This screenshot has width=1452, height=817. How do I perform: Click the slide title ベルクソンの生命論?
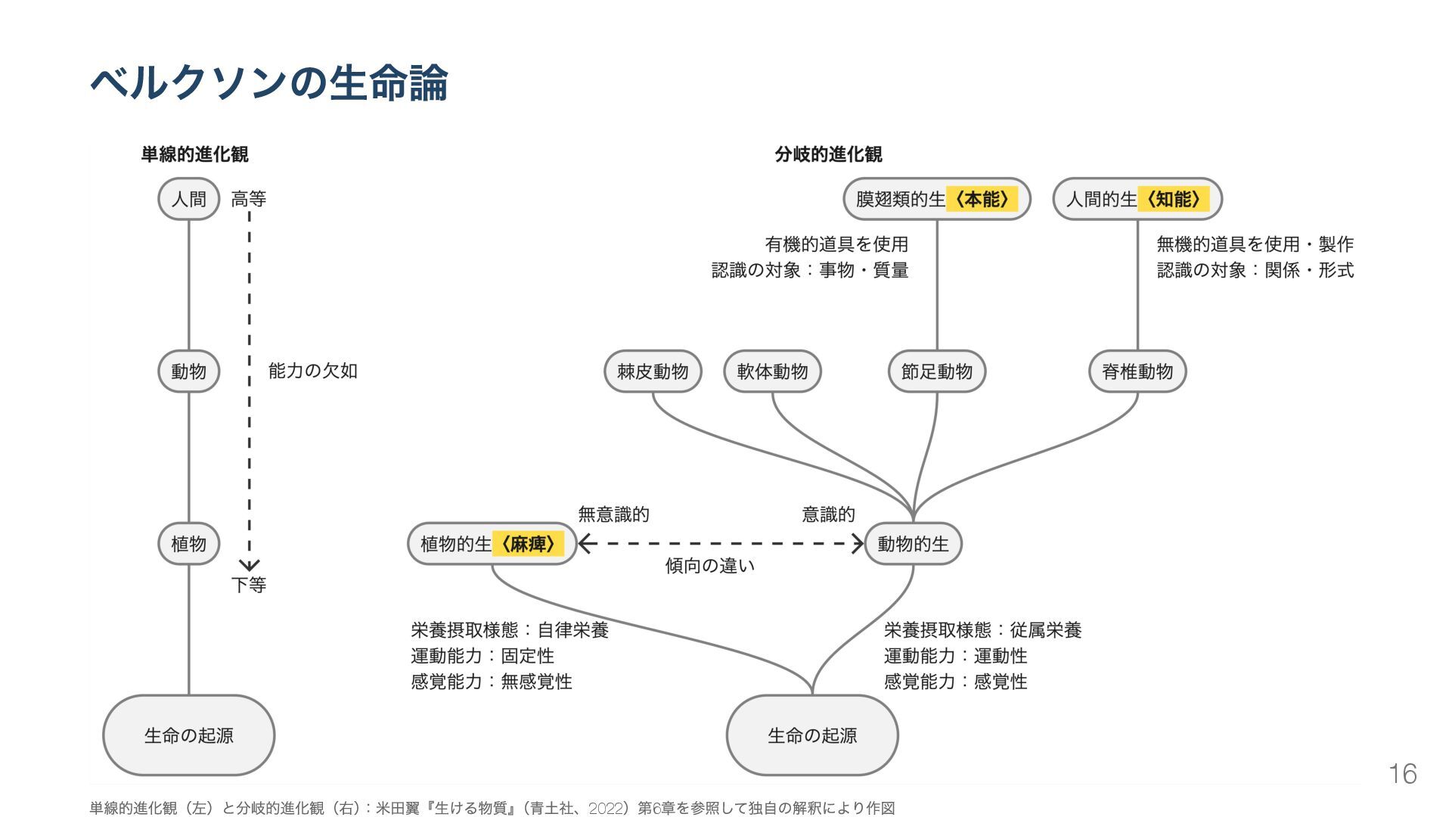269,83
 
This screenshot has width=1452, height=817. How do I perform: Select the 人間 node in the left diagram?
188,199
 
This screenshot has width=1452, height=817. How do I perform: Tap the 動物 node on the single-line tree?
188,371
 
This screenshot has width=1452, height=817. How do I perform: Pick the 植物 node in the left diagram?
188,544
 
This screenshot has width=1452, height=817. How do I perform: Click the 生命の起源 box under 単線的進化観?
188,735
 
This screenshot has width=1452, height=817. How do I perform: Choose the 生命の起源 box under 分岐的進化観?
812,735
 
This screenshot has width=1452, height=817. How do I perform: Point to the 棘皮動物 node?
653,371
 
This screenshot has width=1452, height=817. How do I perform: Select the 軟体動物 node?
772,371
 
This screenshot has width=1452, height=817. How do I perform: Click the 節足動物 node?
936,371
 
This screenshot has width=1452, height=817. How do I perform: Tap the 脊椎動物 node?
1137,371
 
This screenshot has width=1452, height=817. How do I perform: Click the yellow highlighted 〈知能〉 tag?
1173,199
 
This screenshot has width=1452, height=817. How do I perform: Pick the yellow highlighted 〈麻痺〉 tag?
528,544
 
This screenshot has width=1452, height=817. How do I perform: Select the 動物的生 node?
913,544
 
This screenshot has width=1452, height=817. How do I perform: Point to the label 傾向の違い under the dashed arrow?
709,566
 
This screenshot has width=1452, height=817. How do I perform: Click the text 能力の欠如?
312,371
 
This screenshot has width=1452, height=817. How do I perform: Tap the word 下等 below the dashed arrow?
249,585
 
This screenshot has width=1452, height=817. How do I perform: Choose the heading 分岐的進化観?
828,154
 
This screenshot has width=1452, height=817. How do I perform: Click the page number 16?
1402,774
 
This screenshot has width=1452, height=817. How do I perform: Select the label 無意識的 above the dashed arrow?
613,515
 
